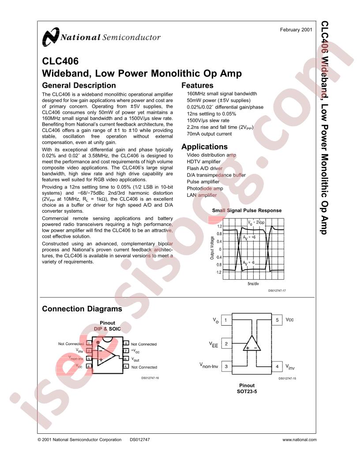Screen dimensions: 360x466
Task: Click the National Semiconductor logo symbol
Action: click(x=50, y=37)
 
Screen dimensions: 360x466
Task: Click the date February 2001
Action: click(x=296, y=30)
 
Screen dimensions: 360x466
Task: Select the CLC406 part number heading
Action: click(x=60, y=61)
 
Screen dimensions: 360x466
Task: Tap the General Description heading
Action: click(x=79, y=85)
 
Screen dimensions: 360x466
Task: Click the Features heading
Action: click(x=197, y=85)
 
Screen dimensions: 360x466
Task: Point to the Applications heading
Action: click(x=204, y=147)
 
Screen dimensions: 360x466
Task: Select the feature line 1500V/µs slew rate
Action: click(x=208, y=120)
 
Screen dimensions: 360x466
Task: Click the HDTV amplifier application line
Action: click(x=203, y=162)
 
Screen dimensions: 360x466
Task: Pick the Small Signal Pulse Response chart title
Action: click(x=247, y=210)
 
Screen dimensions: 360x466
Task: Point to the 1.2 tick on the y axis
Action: click(x=219, y=226)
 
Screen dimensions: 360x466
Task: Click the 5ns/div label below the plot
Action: click(x=253, y=284)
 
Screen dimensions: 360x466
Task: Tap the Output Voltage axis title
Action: click(x=212, y=248)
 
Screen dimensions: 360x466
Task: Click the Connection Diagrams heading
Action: click(x=82, y=309)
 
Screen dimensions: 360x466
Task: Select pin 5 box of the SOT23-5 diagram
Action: click(x=277, y=320)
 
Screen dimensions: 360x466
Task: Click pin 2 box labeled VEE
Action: click(x=226, y=344)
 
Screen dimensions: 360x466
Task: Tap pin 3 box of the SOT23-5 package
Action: click(x=226, y=366)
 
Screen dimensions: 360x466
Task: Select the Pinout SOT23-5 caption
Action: click(x=247, y=388)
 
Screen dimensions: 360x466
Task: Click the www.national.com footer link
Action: click(x=300, y=440)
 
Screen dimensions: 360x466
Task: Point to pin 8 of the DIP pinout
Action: click(x=126, y=344)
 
